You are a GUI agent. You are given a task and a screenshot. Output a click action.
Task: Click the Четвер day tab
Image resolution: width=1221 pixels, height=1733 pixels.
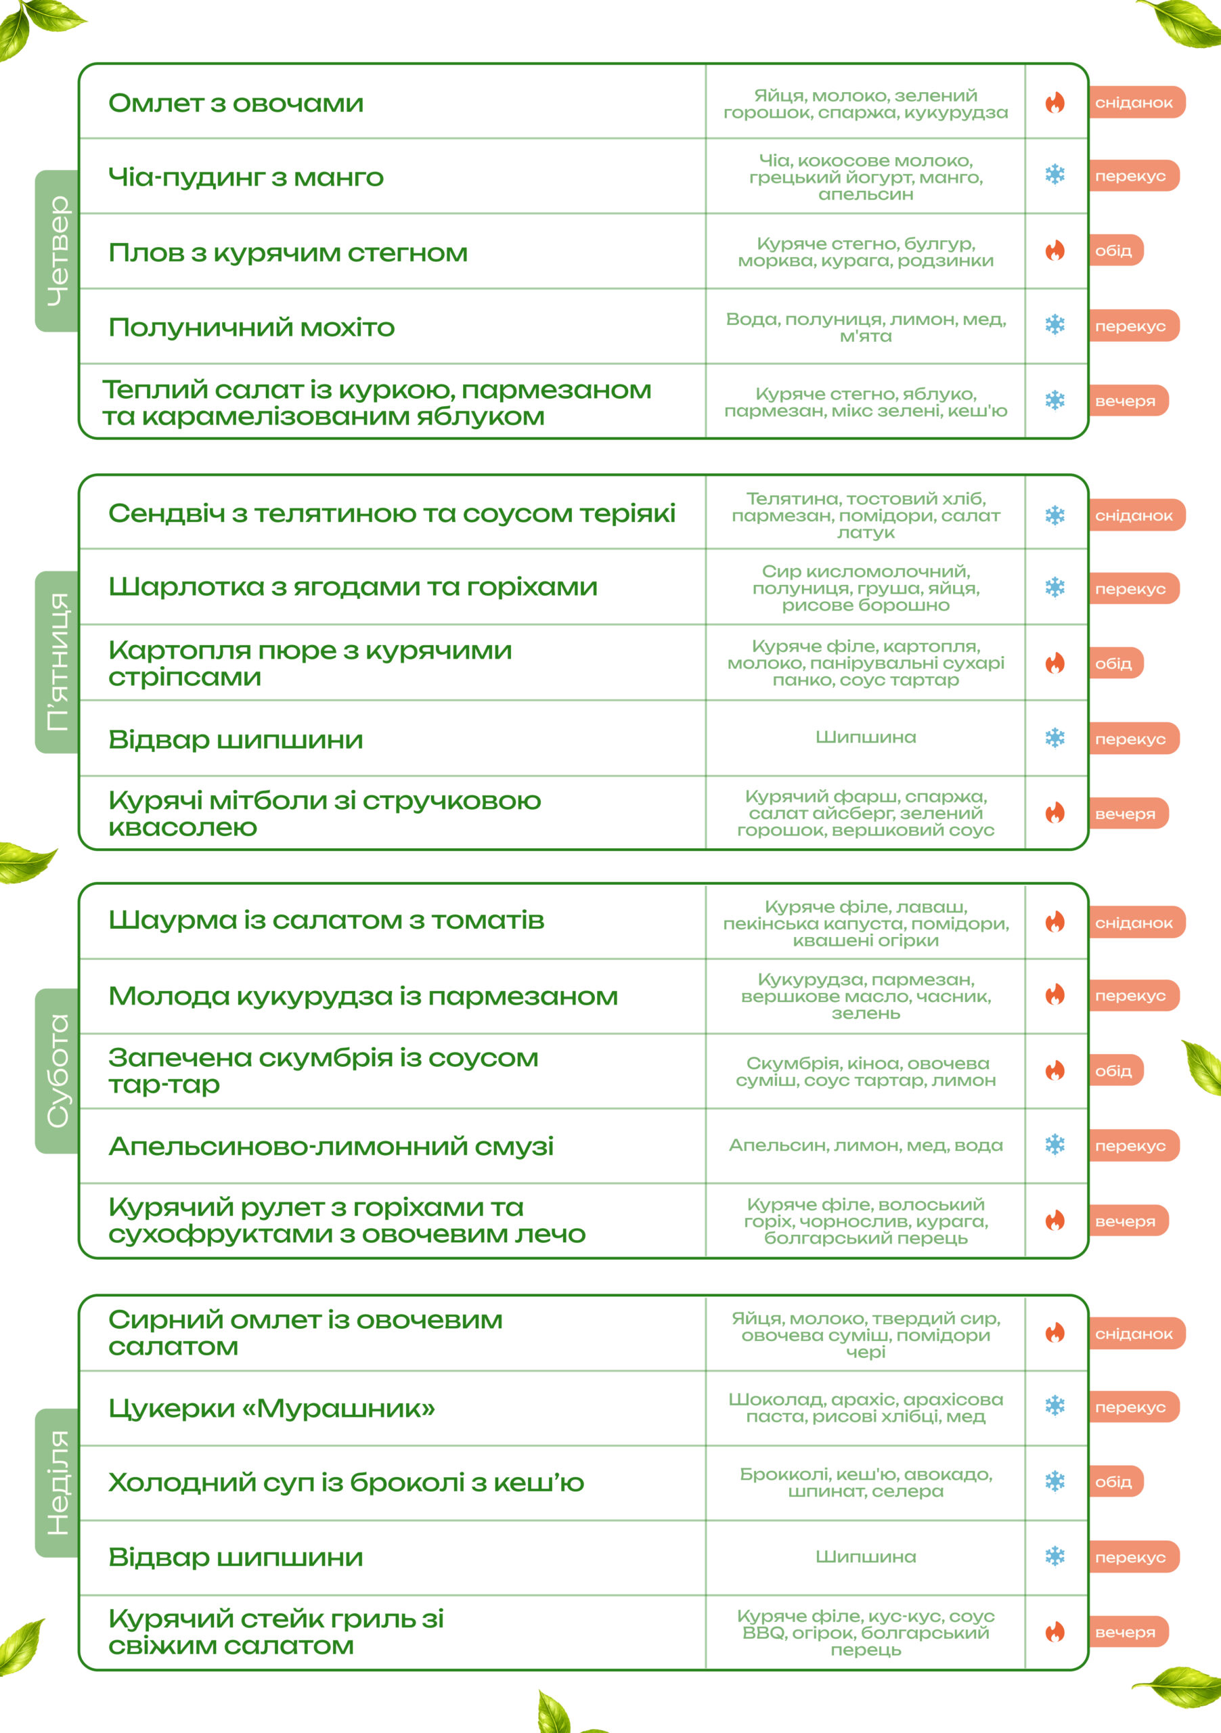coord(58,250)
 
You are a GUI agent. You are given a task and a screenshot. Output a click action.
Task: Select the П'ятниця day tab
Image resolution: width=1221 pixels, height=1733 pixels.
coord(58,662)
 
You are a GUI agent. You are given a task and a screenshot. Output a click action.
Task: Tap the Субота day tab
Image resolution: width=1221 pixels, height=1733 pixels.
coord(58,1070)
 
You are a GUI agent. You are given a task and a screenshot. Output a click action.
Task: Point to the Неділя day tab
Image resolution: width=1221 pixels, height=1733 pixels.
coord(58,1483)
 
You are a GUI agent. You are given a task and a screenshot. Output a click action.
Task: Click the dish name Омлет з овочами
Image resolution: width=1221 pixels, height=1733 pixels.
coord(236,104)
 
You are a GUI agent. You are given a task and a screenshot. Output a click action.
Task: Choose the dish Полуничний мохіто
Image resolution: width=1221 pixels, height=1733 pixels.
coord(251,328)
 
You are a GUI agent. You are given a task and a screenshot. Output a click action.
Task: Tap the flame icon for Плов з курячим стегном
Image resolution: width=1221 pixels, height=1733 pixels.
coord(1055,250)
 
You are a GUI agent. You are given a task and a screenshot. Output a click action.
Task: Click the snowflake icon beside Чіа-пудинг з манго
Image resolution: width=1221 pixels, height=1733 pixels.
coord(1055,175)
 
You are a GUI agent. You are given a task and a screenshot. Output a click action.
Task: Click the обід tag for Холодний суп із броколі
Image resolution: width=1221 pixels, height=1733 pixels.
coord(1115,1482)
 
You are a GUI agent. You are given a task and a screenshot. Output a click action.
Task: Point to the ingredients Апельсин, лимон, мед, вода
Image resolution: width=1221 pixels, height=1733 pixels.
coord(866,1145)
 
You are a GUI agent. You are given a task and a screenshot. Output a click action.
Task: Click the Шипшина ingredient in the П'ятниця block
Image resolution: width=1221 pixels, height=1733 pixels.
coord(866,737)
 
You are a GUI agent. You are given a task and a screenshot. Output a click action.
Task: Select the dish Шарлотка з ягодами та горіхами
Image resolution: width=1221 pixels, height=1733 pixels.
coord(353,586)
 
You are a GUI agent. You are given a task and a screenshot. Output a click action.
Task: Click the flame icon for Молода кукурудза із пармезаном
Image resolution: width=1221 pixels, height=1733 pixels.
coord(1055,995)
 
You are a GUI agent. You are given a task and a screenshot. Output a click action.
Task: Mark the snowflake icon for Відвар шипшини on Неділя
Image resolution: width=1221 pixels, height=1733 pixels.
coord(1055,1556)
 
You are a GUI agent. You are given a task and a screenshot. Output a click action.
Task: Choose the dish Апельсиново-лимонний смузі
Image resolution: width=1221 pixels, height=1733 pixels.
coord(330,1146)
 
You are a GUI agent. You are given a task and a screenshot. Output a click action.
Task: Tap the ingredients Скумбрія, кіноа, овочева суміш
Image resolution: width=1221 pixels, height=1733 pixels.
coord(866,1072)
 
